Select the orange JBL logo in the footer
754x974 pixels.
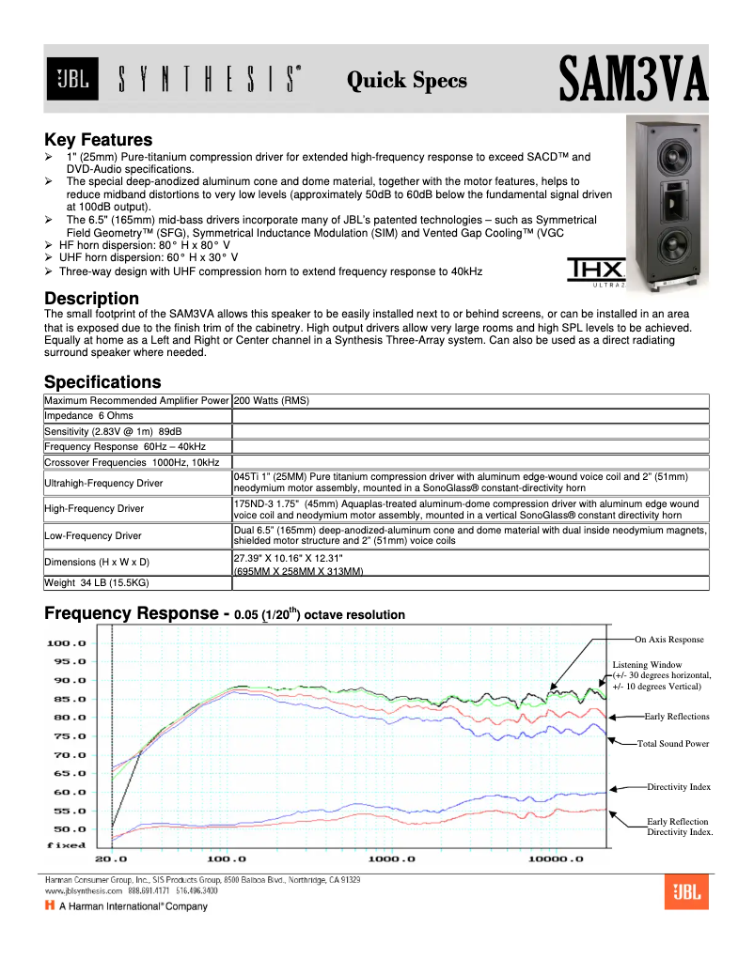(x=686, y=893)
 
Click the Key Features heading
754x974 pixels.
(x=98, y=140)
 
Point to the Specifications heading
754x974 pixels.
(x=102, y=382)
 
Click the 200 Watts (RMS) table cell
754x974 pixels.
(x=272, y=401)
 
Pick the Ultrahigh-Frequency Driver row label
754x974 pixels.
(x=103, y=483)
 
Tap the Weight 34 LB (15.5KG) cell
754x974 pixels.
(x=97, y=583)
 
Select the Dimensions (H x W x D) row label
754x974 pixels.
(x=97, y=562)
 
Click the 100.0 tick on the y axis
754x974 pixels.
(x=67, y=643)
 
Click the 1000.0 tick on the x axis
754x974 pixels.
(x=386, y=859)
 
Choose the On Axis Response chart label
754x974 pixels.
(x=668, y=640)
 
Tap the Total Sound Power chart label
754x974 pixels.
(x=673, y=744)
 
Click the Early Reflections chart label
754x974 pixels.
(x=677, y=717)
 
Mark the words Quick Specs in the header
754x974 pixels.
(x=407, y=81)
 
